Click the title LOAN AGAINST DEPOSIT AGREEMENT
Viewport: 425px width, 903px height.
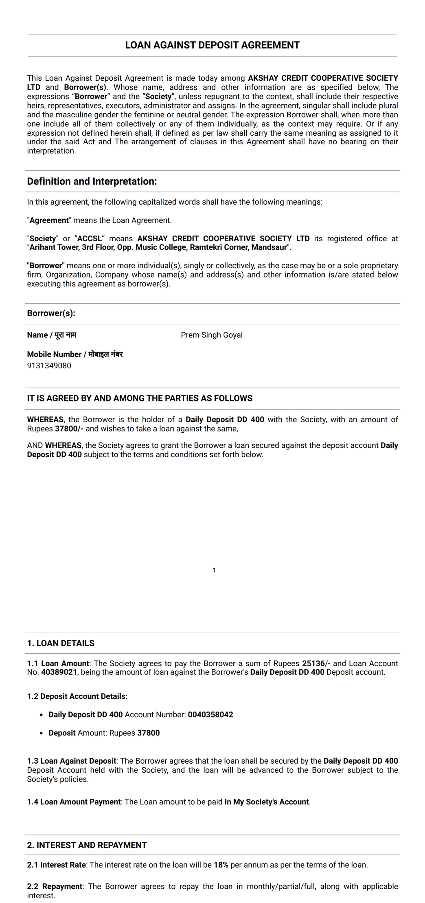[212, 45]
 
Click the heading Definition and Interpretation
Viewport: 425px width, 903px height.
[92, 181]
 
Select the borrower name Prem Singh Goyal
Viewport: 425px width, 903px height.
[212, 335]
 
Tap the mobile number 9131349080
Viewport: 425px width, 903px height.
[49, 366]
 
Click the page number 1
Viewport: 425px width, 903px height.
[214, 570]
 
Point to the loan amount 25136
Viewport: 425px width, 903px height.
[313, 663]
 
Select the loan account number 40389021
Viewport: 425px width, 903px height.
[59, 672]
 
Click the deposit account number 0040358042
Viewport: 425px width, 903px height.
[210, 714]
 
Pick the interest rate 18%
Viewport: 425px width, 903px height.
[221, 865]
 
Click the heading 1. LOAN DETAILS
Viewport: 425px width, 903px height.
[61, 643]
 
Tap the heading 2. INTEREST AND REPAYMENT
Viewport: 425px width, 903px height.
[87, 845]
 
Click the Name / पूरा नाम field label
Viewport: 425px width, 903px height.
[52, 335]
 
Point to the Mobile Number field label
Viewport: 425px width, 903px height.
[75, 354]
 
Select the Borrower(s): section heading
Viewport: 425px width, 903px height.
[51, 313]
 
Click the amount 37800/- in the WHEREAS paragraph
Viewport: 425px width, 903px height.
[69, 429]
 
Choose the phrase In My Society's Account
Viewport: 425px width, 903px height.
[267, 802]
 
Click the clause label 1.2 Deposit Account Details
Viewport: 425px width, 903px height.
[77, 696]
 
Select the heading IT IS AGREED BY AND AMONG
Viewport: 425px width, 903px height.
[140, 398]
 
